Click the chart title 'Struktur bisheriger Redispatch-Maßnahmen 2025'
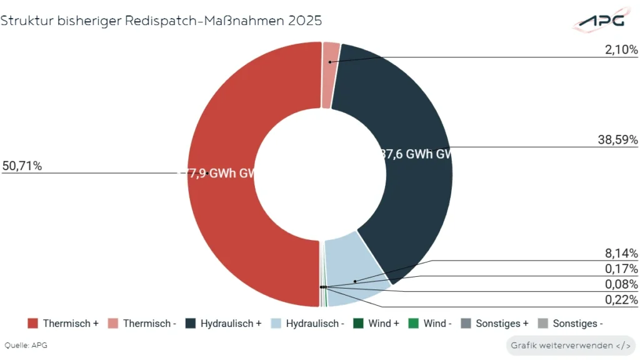(x=161, y=21)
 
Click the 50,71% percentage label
(x=22, y=166)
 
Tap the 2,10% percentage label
(x=621, y=49)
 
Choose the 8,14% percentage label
(x=621, y=253)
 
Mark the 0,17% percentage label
(x=621, y=269)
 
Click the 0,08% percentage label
(x=621, y=284)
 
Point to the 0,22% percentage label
(x=621, y=300)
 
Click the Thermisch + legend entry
(x=63, y=324)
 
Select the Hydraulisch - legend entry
(x=308, y=324)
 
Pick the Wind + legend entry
(x=376, y=324)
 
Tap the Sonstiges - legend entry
(x=570, y=324)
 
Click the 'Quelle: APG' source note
(x=26, y=345)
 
